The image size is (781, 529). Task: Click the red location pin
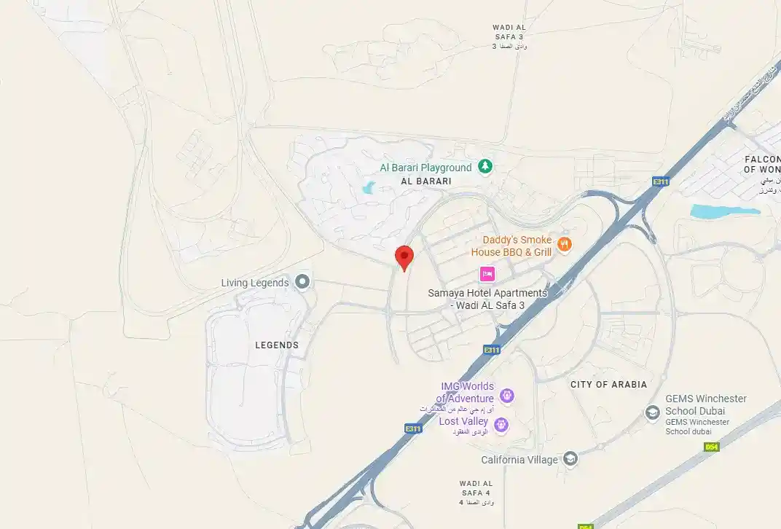click(404, 257)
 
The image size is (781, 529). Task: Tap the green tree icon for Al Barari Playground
click(485, 167)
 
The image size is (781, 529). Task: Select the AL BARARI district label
click(426, 181)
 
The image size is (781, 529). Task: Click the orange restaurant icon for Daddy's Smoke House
click(563, 245)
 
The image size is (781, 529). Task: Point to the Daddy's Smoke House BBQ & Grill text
click(511, 246)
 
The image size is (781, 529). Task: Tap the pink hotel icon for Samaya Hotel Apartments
click(487, 274)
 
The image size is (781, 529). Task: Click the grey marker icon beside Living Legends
click(302, 282)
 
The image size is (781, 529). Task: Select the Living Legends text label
click(255, 283)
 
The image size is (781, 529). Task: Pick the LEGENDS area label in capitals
click(277, 345)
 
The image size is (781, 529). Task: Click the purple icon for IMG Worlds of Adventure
click(507, 396)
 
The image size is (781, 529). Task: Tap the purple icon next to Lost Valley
click(501, 424)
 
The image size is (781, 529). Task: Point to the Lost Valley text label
click(463, 422)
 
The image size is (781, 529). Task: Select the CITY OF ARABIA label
click(608, 384)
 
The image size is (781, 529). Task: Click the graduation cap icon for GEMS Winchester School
click(653, 412)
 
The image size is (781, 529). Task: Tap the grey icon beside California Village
click(570, 459)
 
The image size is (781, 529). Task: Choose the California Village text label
click(519, 460)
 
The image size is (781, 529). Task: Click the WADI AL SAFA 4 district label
click(476, 488)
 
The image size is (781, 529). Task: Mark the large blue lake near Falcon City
click(724, 211)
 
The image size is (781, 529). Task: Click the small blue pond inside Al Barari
click(367, 189)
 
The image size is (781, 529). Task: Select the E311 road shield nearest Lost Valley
click(413, 428)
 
